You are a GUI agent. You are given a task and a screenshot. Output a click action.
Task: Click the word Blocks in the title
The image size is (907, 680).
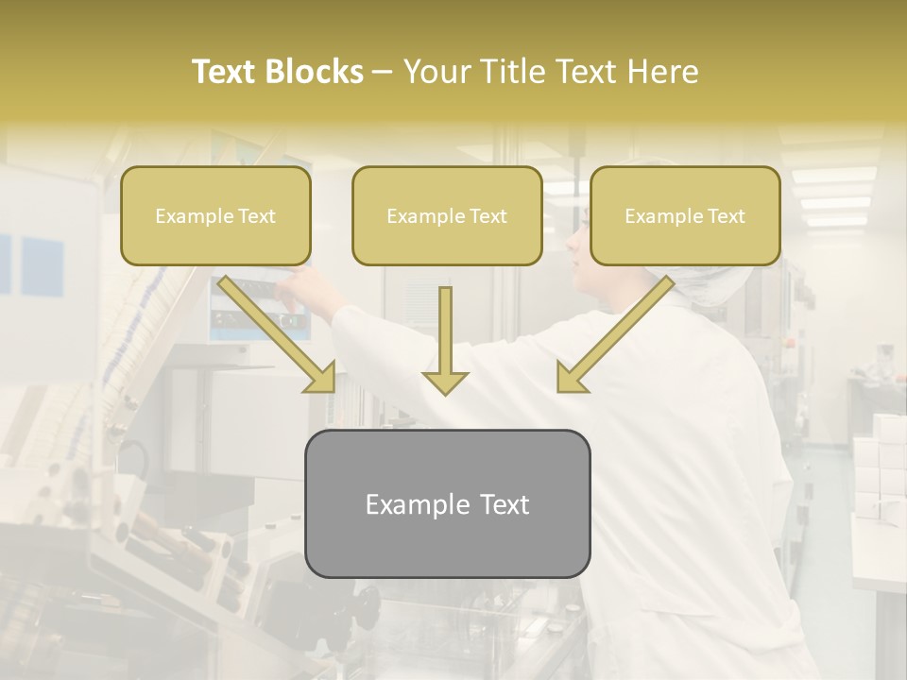tap(316, 72)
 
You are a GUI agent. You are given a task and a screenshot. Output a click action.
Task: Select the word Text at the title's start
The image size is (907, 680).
tap(226, 72)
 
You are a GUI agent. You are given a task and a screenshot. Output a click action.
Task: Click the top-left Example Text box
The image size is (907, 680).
tap(215, 216)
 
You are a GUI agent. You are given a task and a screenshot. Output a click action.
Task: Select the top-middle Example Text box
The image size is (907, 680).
tap(447, 216)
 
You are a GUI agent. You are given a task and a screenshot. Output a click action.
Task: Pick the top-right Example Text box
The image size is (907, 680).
tap(685, 216)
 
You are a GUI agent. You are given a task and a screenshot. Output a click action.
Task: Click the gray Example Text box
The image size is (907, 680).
tap(447, 504)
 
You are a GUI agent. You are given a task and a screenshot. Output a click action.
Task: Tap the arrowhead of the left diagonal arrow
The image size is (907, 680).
tap(321, 377)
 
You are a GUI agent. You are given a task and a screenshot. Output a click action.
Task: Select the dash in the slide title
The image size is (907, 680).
tap(383, 72)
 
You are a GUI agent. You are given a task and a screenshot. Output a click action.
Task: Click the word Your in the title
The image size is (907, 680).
tap(436, 72)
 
